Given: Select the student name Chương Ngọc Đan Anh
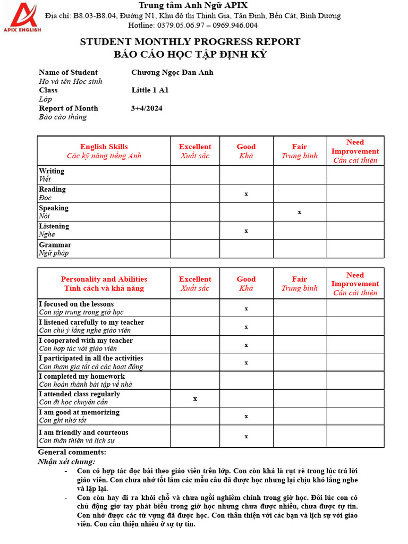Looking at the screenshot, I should click(172, 72).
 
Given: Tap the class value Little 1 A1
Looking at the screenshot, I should click(150, 90).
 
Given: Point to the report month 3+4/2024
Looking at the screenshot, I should click(147, 108).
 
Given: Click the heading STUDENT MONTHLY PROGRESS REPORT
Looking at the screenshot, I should click(190, 41).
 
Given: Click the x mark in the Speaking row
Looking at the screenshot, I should click(300, 212).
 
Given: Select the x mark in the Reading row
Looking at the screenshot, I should click(246, 194).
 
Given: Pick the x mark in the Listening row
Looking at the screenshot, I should click(246, 231).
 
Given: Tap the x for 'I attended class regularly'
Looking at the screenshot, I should click(195, 398).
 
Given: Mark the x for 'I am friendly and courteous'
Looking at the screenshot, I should click(246, 436).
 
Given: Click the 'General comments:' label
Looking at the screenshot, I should click(72, 452).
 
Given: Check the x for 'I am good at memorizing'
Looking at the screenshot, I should click(246, 416).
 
